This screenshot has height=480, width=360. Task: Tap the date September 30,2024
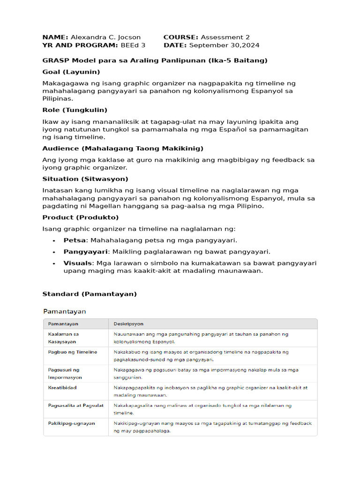(224, 45)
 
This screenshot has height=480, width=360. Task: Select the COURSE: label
(181, 37)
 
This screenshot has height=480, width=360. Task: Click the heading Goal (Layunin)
(71, 72)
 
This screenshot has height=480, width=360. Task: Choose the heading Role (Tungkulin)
(75, 110)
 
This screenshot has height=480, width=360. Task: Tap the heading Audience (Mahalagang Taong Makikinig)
(123, 149)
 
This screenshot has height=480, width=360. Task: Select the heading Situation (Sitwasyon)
(85, 179)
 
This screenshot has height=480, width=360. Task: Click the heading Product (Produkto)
(81, 217)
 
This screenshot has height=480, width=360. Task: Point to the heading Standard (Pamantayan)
(90, 294)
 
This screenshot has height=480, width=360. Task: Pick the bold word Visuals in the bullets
(77, 263)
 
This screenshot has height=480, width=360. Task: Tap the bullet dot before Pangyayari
(55, 252)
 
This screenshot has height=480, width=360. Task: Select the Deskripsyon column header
(128, 324)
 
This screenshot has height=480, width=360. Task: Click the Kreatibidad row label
(62, 388)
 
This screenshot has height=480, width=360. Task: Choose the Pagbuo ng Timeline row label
(73, 352)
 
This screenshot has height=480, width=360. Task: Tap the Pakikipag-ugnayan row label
(71, 423)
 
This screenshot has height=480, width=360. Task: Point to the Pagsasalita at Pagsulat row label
(76, 405)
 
